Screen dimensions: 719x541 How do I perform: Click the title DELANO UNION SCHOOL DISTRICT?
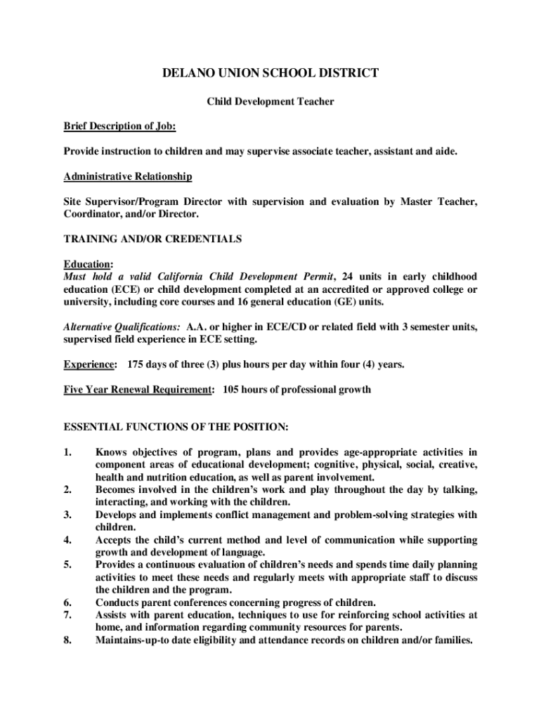[x=270, y=73]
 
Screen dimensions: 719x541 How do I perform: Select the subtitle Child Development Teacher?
[x=270, y=102]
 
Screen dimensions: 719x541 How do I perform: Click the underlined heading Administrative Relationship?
[x=128, y=176]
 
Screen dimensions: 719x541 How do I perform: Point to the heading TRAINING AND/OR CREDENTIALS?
[x=152, y=239]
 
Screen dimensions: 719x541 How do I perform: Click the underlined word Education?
[x=87, y=264]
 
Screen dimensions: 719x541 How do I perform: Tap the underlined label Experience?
[x=89, y=364]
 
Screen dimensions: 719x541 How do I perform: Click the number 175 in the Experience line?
[x=136, y=364]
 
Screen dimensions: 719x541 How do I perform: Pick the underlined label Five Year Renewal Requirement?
[x=138, y=390]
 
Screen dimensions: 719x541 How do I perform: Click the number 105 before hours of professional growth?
[x=232, y=390]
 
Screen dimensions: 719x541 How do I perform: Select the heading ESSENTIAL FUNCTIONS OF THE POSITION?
[x=176, y=427]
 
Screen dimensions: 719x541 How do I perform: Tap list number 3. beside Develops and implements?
[x=69, y=515]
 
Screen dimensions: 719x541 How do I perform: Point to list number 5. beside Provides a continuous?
[x=69, y=565]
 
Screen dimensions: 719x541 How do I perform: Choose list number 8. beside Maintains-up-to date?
[x=69, y=640]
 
